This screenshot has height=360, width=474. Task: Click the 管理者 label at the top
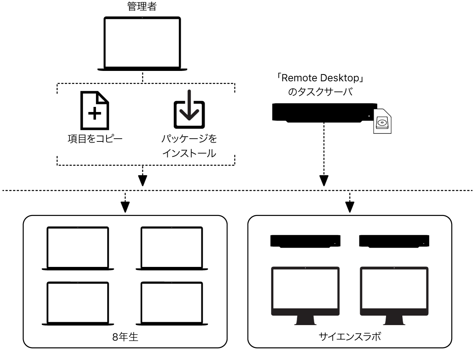pos(142,6)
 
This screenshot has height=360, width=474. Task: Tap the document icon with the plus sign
pos(95,111)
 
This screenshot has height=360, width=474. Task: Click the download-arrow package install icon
pos(189,109)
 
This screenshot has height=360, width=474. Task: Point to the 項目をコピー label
pos(95,139)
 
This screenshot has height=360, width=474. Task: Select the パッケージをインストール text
pos(189,146)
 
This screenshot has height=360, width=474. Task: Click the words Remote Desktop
pos(320,78)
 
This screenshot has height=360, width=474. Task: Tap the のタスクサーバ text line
pos(320,92)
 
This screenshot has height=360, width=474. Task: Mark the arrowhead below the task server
pos(324,180)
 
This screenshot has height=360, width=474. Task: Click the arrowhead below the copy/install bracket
pos(143,180)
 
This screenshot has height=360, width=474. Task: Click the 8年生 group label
pos(125,337)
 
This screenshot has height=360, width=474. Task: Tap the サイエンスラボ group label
pos(350,337)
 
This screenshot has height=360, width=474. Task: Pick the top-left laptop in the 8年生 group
pos(78,248)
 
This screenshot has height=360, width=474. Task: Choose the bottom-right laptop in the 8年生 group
pos(172,303)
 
